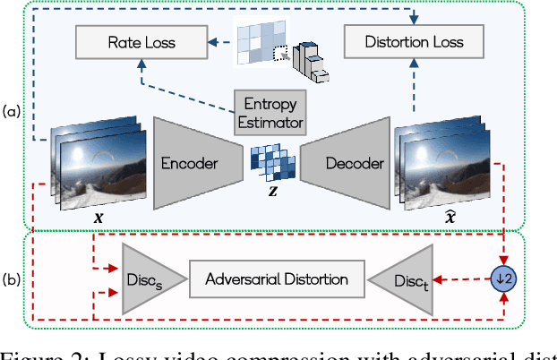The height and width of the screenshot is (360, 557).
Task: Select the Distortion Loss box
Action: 413,41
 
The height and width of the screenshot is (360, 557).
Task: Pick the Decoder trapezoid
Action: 345,163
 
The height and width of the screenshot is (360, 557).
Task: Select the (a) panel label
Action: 11,111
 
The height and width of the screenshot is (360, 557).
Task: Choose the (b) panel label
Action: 11,279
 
